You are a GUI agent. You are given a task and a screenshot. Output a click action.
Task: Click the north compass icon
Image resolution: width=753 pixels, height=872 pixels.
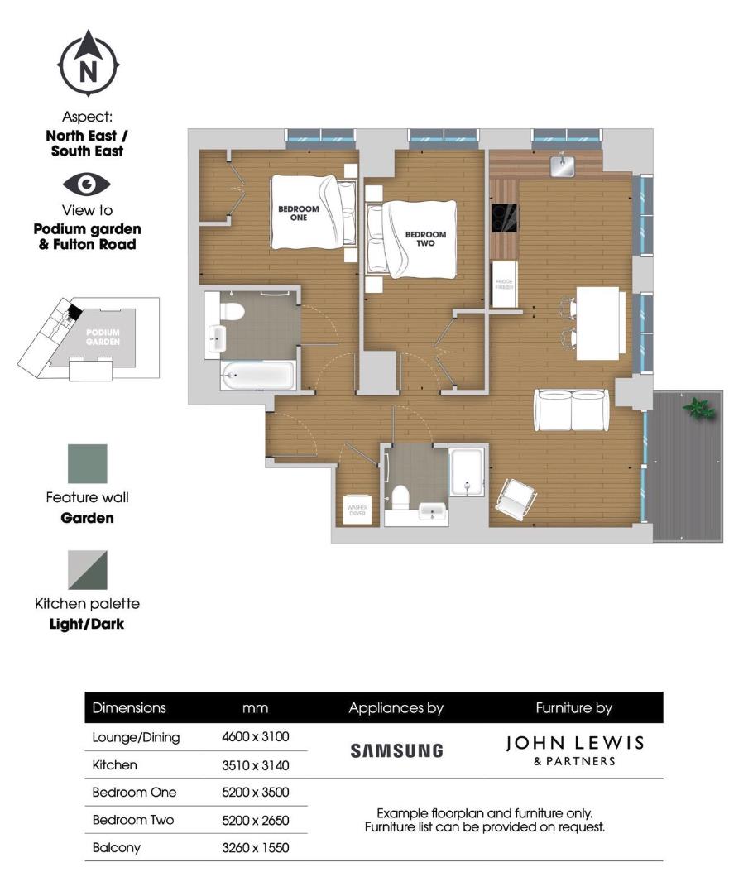click(x=88, y=64)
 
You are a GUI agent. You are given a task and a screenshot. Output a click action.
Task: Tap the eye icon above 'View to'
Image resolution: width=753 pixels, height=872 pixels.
click(x=87, y=184)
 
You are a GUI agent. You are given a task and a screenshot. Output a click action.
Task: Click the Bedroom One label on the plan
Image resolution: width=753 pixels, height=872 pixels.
click(x=298, y=213)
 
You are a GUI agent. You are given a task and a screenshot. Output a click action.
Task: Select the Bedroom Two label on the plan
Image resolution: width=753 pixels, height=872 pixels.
click(x=425, y=239)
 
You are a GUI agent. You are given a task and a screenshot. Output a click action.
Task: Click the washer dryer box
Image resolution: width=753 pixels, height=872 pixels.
click(x=357, y=510)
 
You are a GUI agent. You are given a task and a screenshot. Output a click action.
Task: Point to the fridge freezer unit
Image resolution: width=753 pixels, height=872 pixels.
click(x=505, y=285)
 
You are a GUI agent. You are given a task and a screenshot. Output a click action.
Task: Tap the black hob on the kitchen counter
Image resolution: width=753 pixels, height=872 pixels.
click(x=505, y=218)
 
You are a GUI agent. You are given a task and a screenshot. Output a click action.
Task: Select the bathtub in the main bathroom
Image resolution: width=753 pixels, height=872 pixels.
click(x=257, y=376)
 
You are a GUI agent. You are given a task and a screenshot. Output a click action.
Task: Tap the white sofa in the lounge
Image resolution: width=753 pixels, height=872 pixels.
click(x=572, y=410)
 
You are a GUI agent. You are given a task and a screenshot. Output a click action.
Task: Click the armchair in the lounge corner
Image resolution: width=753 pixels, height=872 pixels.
click(x=516, y=499)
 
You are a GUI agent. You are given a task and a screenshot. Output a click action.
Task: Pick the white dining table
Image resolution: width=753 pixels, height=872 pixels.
click(x=598, y=323)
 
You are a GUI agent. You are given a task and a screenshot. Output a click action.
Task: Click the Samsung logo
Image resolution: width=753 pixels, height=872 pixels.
click(x=396, y=750)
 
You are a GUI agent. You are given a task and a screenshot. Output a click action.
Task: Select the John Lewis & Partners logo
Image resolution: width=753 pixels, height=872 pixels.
click(x=574, y=749)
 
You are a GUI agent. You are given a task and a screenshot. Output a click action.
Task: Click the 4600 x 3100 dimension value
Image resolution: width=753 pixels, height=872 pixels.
click(x=256, y=736)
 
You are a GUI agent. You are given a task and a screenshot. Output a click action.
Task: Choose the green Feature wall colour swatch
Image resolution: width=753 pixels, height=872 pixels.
click(x=87, y=464)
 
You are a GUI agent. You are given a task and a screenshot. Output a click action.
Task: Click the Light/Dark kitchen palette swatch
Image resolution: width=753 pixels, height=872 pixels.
click(x=87, y=570)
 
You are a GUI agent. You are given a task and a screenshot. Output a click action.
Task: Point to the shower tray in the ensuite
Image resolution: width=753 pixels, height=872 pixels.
click(x=468, y=472)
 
